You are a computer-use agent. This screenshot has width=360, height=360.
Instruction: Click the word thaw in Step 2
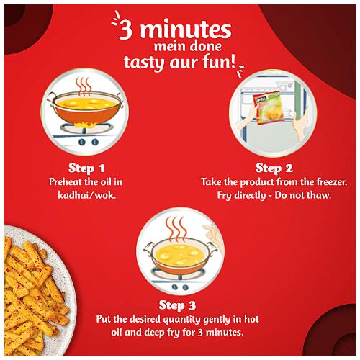314,195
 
